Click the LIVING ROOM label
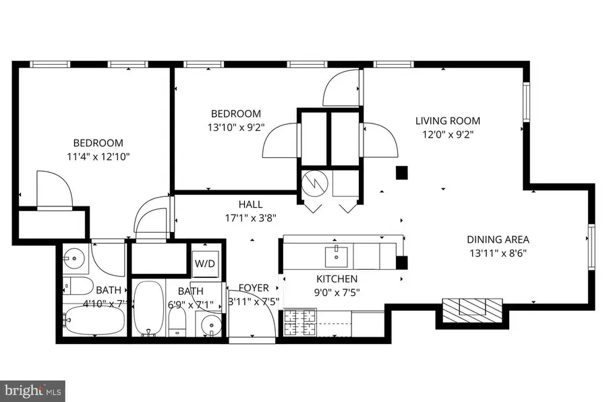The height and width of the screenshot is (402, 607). tap(447, 121)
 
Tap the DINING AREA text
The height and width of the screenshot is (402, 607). tap(498, 239)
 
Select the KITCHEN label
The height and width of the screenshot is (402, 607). tap(337, 279)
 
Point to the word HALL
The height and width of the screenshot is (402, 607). tap(250, 204)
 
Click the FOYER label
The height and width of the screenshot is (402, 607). tap(254, 287)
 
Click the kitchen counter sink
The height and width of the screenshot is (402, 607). tap(336, 255)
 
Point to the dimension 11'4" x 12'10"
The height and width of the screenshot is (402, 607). tap(98, 156)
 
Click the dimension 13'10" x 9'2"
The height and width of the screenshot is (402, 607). tap(235, 127)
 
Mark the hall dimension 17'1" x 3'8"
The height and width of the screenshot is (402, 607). tap(250, 218)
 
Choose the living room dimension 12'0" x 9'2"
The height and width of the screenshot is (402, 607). tap(447, 134)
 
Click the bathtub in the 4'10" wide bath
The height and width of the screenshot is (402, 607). tap(94, 320)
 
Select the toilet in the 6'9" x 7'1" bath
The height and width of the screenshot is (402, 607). tap(177, 321)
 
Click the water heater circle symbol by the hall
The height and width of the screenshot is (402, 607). tap(315, 182)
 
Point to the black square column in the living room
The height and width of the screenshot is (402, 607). tap(402, 173)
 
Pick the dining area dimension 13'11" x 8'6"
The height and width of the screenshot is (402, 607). tap(498, 253)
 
